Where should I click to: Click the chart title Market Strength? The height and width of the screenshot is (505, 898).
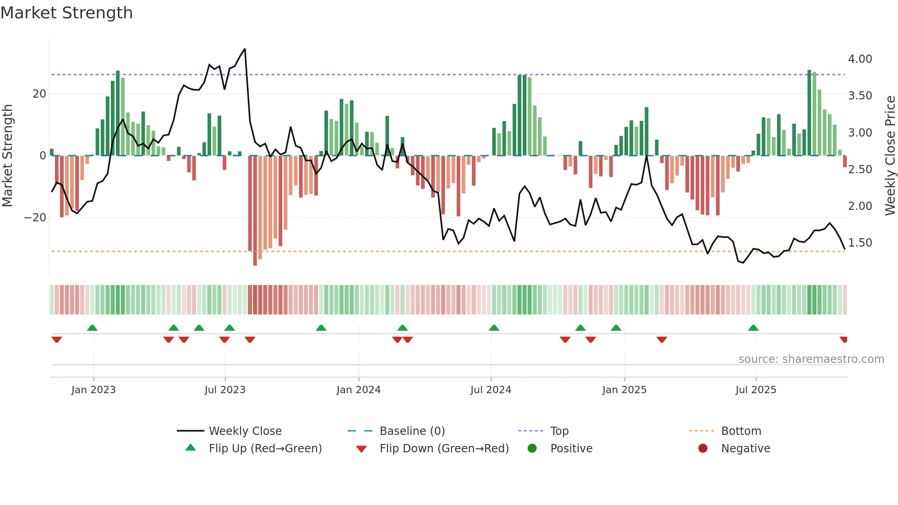(x=66, y=13)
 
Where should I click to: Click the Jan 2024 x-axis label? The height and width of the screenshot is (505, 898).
(x=358, y=390)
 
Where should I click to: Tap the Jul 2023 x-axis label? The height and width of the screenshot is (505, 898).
(x=225, y=390)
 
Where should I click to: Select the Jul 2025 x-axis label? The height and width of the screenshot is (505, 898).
(x=756, y=390)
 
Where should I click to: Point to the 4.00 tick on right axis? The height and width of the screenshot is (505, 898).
(x=860, y=59)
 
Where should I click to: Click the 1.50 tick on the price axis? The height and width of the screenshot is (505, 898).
(x=860, y=243)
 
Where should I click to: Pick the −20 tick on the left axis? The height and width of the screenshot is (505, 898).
(x=35, y=218)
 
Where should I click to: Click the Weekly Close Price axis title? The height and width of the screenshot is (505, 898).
(x=890, y=156)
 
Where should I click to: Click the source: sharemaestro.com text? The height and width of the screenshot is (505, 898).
(x=811, y=359)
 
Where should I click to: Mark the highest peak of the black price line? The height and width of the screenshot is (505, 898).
(x=245, y=49)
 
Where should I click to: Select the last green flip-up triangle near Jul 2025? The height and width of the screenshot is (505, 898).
(x=753, y=328)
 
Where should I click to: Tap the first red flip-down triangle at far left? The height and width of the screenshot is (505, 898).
(x=57, y=340)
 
